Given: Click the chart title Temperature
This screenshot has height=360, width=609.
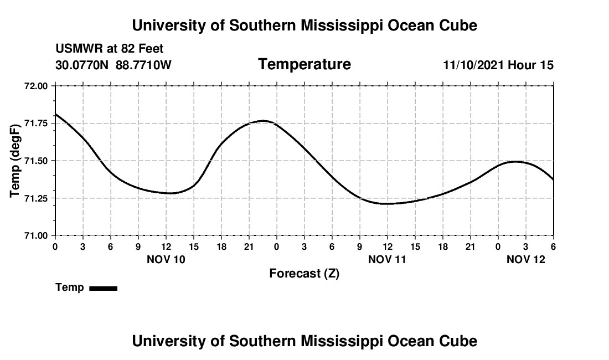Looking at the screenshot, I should pos(304,64).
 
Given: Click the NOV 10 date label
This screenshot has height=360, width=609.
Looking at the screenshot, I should pos(166,259).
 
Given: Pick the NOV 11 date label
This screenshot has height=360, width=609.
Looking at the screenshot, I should pos(388,259).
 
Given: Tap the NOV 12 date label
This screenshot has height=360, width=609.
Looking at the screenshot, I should pos(526,259).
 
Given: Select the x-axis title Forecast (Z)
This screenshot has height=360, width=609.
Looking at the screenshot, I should pos(304,274).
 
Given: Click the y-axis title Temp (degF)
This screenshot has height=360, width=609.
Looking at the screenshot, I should pos(16,161).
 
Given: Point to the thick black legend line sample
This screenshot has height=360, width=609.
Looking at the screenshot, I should pos(103,288).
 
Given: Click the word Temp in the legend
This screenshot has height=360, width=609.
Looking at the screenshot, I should pos(70,287).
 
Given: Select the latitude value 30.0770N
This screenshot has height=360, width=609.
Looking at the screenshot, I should pos(83,65).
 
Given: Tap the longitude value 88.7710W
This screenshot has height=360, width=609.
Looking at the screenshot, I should pos(144,65).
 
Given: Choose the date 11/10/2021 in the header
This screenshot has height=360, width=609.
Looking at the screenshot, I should pos(473,65).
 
